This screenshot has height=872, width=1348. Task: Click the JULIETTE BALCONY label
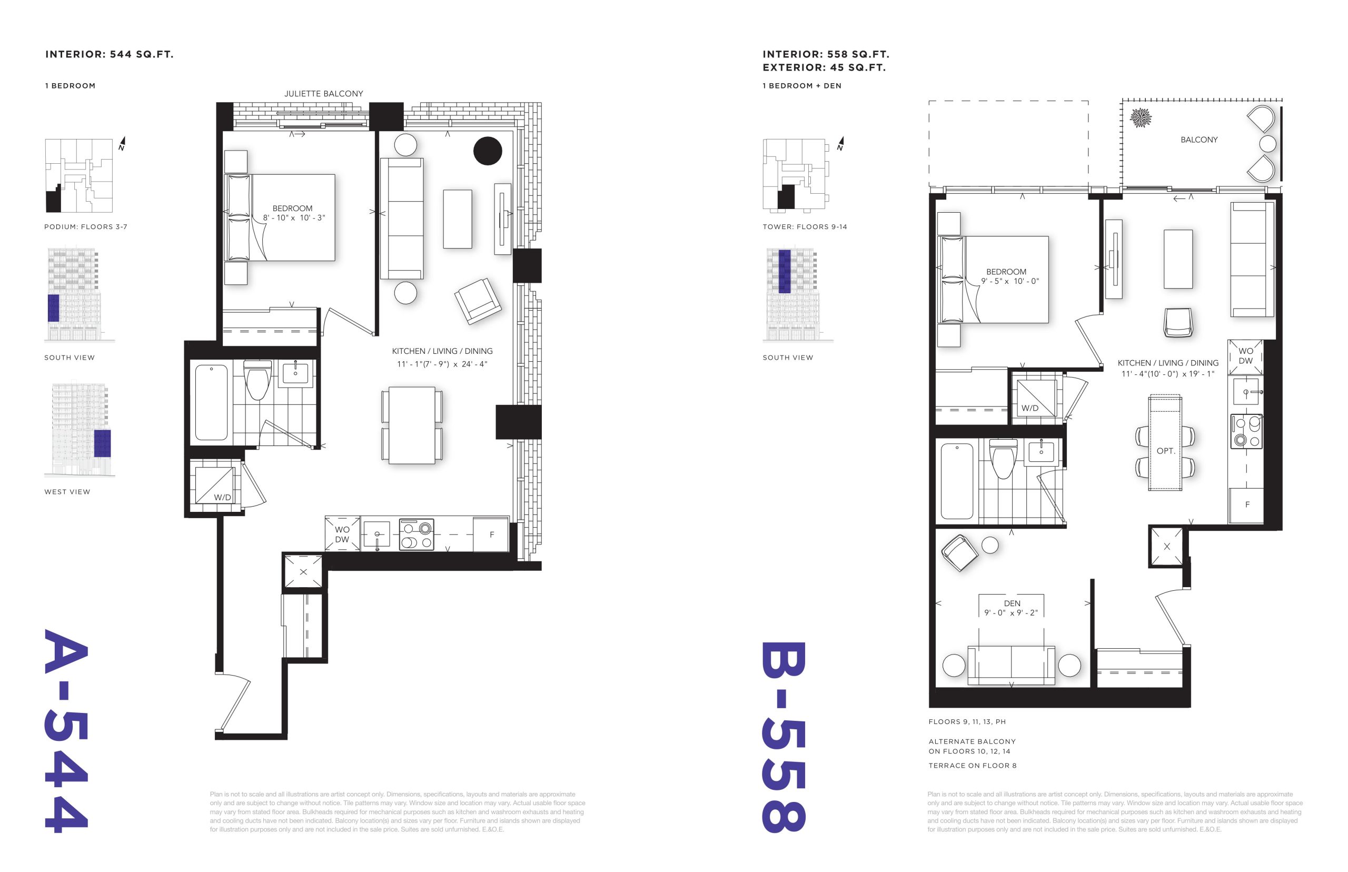coord(323,93)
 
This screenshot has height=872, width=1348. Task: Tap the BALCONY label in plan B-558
coord(1198,140)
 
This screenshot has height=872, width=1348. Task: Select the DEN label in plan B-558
coord(1012,603)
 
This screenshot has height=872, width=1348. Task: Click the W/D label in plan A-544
coord(222,497)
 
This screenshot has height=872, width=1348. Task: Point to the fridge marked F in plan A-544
coord(491,534)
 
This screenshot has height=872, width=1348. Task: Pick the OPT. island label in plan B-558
coord(1165,451)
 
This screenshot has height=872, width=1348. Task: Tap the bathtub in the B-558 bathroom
coord(957,481)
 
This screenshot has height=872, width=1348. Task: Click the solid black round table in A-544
coord(488,151)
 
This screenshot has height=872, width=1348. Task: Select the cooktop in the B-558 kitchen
coord(1245,431)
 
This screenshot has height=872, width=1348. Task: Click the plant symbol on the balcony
coord(1140,118)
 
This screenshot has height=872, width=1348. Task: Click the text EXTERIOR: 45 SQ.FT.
coord(824,67)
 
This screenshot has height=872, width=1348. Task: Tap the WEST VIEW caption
coord(67,491)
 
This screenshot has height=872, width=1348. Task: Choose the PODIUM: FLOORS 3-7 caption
coord(85,226)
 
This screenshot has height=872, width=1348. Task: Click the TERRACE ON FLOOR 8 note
coord(972,766)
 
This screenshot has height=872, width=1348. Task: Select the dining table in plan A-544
coord(412,426)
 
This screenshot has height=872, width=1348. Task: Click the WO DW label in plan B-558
coord(1245,355)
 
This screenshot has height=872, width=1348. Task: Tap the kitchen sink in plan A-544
coord(376,534)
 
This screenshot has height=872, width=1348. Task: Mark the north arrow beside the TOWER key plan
coord(841,144)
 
